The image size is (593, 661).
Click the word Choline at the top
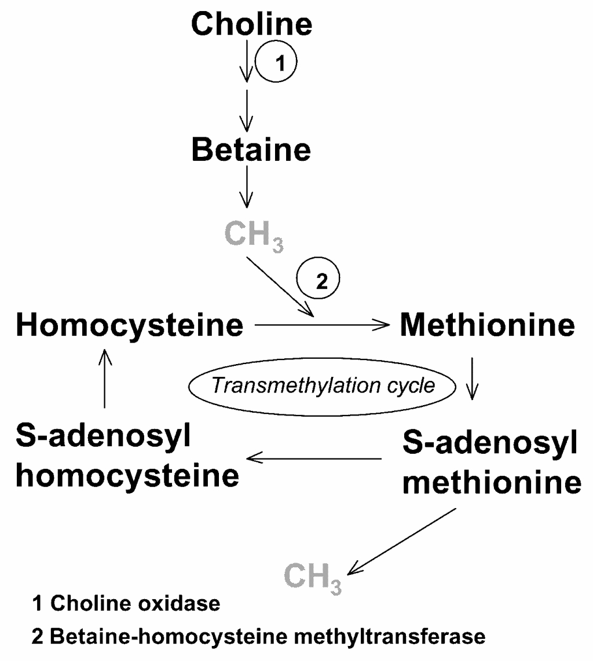(x=251, y=24)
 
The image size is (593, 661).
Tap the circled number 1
(x=276, y=64)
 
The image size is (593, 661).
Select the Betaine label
(x=251, y=150)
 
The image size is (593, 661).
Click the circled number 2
(x=317, y=281)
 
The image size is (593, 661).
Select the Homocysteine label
(x=130, y=326)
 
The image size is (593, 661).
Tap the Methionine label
(x=488, y=326)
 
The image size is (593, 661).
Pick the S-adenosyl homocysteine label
(x=127, y=457)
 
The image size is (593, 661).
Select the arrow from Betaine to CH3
(x=247, y=186)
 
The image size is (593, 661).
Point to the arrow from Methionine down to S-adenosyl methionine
(x=473, y=379)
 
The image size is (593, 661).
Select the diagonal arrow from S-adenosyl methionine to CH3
(x=402, y=541)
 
